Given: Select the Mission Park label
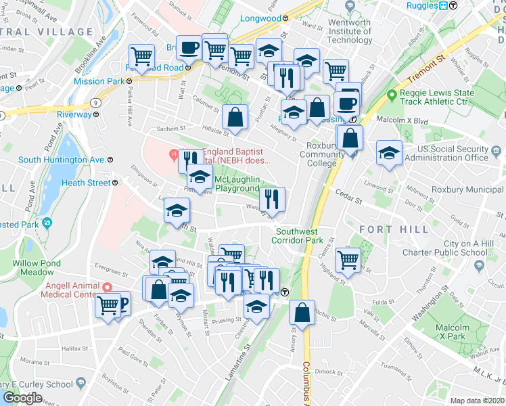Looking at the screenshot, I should click(x=99, y=81).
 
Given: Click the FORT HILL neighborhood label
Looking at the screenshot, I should click(x=394, y=229).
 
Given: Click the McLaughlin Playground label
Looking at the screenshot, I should click(x=237, y=183).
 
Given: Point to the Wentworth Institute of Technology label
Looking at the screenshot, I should click(x=349, y=31).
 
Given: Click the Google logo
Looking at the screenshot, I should click(x=22, y=397).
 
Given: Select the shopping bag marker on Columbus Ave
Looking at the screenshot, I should click(x=302, y=313).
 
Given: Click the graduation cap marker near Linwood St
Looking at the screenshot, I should click(x=389, y=153).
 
